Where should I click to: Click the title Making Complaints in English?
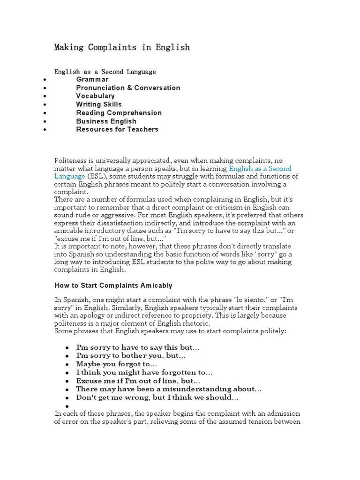pos(122,47)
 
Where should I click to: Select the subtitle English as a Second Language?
pos(105,72)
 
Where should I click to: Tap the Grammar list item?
pos(92,80)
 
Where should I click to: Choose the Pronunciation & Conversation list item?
pos(128,88)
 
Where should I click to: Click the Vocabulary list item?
pos(95,96)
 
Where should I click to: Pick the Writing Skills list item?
pos(99,105)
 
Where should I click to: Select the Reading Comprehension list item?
pos(119,113)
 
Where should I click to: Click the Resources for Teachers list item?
pos(117,129)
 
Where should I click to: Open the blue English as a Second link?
pos(260,168)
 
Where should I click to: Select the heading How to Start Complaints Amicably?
pos(113,285)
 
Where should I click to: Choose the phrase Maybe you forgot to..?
pos(117,364)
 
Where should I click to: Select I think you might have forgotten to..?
pos(144,372)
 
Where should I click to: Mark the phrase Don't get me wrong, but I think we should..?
pos(157,397)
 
